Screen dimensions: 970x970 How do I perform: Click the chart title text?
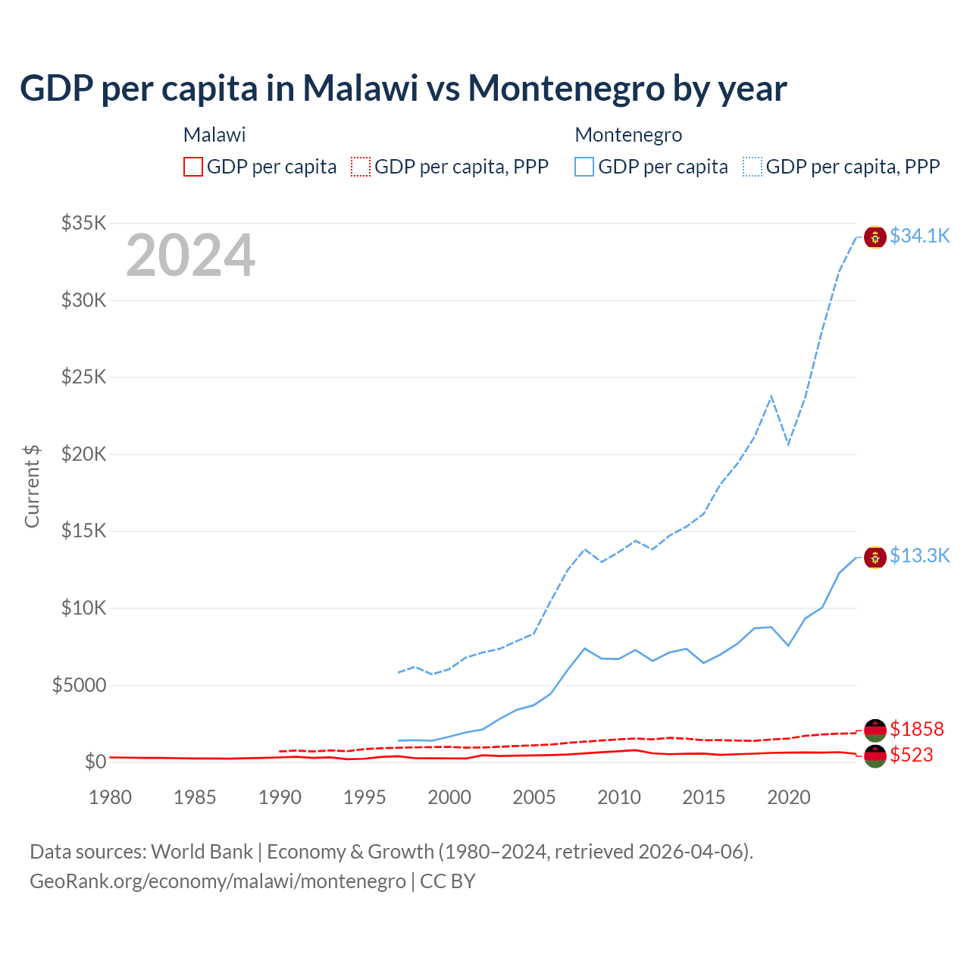coord(403,89)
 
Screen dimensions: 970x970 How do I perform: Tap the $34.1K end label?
coord(919,236)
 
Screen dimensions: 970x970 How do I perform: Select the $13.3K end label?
coord(919,556)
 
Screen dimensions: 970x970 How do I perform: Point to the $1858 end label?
coord(916,729)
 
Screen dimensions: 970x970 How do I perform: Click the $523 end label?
coord(911,755)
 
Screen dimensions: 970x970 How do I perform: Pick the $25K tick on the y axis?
coord(84,377)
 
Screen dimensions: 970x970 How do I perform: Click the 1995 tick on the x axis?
coord(365,797)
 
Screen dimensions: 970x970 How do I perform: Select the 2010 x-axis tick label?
coord(619,797)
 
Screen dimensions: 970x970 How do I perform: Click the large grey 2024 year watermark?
coord(190,256)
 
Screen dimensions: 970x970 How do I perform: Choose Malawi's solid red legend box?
coord(193,167)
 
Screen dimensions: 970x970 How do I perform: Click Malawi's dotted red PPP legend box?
coord(361,167)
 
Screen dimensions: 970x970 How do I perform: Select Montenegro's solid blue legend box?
coord(584,167)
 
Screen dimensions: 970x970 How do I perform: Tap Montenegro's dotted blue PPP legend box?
coord(753,167)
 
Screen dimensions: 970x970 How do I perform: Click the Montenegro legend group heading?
coord(628,135)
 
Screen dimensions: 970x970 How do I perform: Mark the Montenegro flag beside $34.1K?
coord(875,236)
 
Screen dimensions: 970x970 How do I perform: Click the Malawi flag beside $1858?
coord(875,730)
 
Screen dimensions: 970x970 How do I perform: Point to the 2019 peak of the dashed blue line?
coord(771,396)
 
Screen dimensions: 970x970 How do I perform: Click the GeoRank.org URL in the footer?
coord(217,881)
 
